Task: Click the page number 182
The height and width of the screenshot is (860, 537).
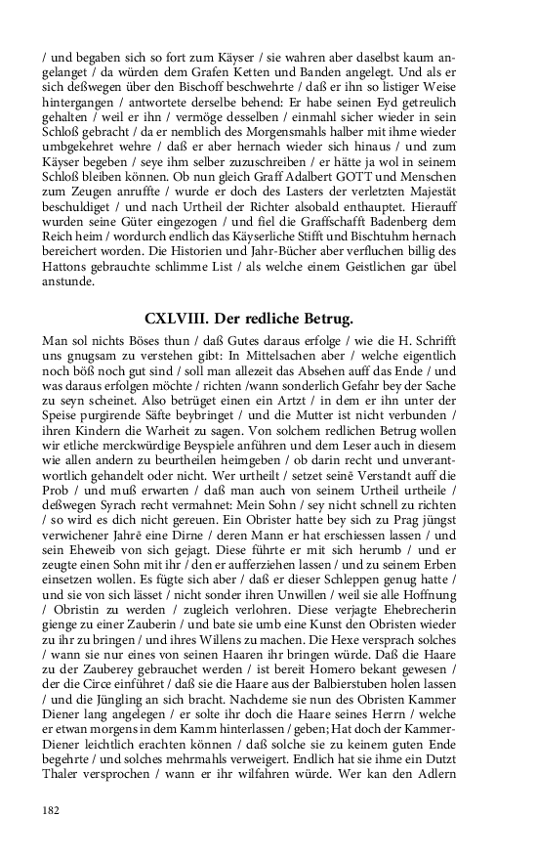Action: point(52,809)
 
